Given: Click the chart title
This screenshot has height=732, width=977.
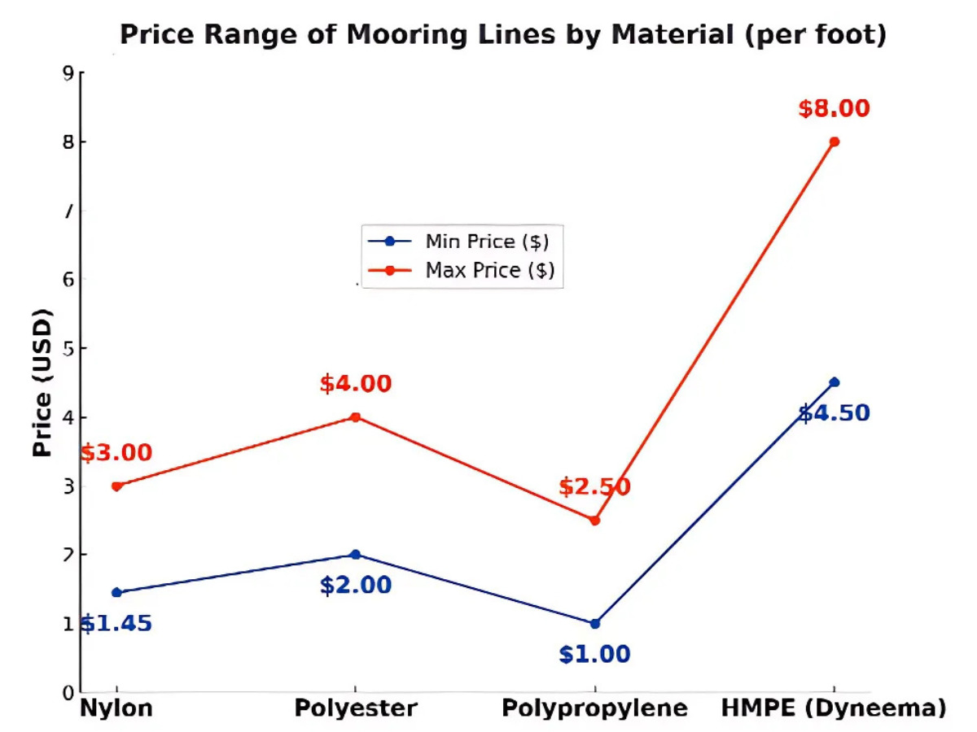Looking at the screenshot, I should point(502,35).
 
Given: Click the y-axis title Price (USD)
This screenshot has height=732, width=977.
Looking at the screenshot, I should point(43,383).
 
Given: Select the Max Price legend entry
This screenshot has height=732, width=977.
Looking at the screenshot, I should point(488,270).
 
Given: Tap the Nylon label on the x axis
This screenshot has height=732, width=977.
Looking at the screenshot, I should point(116,708).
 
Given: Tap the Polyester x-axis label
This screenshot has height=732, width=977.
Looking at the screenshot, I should point(355,708).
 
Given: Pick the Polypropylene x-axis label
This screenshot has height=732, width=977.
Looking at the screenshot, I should point(594,708).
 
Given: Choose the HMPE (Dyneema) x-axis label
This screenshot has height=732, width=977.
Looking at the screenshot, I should point(834,708).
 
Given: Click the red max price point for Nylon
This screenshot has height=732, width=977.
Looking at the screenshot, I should point(117,486).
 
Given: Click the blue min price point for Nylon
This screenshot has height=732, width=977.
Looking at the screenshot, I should point(117,592).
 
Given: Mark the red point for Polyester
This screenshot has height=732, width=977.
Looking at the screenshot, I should point(355,417).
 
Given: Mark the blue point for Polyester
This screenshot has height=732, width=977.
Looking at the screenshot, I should point(355,555).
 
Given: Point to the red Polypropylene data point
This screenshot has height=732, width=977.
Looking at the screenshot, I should point(595,521).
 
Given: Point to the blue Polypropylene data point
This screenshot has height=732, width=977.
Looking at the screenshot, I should point(595,624).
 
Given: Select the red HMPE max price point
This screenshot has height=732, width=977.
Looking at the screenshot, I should point(834,142).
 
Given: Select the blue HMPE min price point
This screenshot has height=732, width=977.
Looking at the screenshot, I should point(834,382).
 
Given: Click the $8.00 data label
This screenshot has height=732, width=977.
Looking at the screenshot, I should point(834,109).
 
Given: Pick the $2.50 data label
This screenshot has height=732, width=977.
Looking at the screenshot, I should point(594,488).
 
